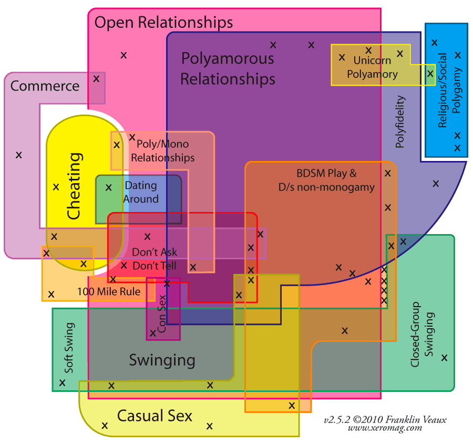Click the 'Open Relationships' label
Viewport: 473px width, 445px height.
point(163,23)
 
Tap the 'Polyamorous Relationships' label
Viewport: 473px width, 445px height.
point(228,68)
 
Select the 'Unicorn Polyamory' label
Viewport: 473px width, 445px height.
point(372,67)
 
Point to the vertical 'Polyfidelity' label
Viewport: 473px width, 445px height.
point(400,122)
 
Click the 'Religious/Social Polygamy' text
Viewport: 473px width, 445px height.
point(449,90)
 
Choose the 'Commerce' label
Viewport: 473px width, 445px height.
point(45,86)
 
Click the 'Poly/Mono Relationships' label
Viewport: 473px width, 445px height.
point(162,150)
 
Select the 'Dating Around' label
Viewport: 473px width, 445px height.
point(141,192)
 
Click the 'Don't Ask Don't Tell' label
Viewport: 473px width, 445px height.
point(155,259)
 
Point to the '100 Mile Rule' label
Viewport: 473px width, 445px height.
point(109,291)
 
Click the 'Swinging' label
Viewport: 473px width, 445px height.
point(162,360)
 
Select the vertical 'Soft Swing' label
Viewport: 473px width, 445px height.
point(69,348)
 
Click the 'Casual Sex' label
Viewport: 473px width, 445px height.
point(155,416)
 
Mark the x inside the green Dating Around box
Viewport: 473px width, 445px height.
point(109,187)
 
